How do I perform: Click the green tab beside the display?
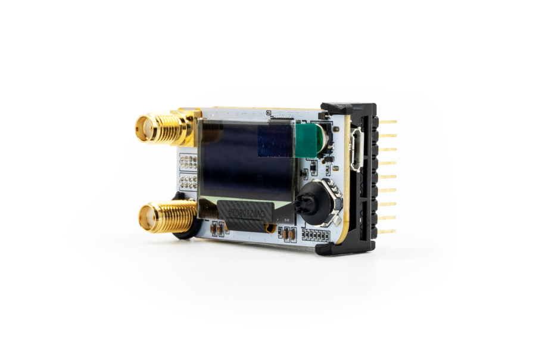point(308,141)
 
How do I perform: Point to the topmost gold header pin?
point(388,122)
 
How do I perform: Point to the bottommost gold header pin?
point(387,231)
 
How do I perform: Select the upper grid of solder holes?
point(188,162)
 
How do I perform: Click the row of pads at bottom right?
point(316,234)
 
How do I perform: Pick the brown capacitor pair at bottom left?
point(218,227)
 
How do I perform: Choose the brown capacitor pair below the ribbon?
point(289,234)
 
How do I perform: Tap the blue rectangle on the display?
point(275,142)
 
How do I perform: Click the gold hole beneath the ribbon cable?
point(271,228)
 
